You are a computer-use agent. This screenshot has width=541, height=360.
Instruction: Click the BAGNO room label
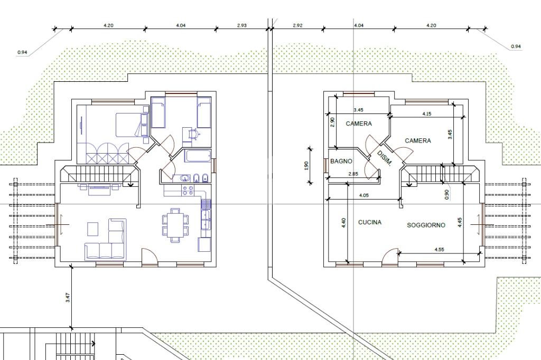click(341, 161)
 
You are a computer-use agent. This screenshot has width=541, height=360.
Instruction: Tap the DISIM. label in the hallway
click(385, 158)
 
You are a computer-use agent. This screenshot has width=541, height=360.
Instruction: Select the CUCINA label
click(370, 222)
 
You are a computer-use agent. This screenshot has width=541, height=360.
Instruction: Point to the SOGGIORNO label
click(426, 225)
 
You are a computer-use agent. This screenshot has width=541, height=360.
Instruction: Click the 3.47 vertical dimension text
click(68, 298)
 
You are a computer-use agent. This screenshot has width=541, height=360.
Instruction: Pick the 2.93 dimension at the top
click(242, 25)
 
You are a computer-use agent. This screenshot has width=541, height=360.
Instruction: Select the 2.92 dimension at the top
click(297, 25)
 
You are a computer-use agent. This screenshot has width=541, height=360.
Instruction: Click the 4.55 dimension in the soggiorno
click(439, 249)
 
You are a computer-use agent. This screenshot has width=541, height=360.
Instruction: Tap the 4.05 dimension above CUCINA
click(364, 195)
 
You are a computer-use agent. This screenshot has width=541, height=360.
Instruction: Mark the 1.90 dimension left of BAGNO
click(306, 166)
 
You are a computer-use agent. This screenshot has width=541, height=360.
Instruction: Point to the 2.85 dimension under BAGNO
click(353, 174)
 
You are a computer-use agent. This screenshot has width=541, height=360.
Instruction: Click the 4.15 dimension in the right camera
click(426, 114)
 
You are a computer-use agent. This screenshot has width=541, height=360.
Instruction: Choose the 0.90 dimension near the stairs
click(447, 195)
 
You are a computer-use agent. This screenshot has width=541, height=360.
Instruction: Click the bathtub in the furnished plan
click(198, 156)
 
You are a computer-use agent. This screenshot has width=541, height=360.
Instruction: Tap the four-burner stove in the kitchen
click(189, 191)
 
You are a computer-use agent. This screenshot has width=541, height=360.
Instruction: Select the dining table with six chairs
click(175, 224)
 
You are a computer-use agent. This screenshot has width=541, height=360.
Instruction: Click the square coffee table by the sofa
click(92, 229)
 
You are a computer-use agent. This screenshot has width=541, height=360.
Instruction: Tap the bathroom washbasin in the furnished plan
click(184, 178)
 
